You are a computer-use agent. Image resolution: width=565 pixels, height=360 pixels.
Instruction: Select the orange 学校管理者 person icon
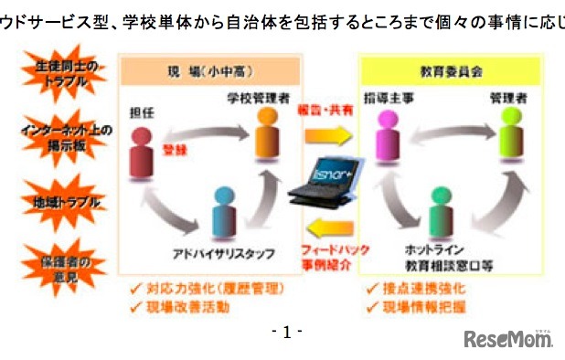pos(266,130)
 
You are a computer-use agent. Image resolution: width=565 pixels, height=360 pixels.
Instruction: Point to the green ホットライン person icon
pos(440,209)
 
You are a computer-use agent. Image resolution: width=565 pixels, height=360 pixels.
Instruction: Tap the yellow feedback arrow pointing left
pos(328,225)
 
